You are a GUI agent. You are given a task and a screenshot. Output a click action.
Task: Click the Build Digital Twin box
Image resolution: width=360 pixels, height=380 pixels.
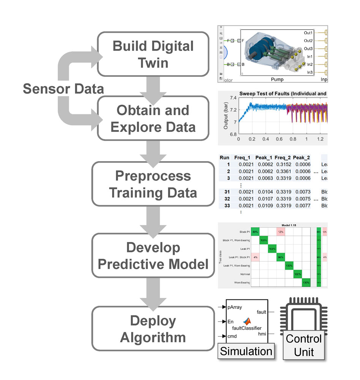[x=153, y=54]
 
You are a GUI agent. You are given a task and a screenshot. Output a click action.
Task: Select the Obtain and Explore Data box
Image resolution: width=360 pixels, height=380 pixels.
[x=153, y=118]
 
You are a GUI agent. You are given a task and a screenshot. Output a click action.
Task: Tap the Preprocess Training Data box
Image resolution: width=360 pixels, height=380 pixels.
[x=153, y=184]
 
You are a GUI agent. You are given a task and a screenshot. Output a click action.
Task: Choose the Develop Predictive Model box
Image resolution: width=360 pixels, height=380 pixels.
[x=153, y=255]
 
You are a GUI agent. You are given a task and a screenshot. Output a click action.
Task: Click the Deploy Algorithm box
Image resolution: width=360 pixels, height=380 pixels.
[x=153, y=329]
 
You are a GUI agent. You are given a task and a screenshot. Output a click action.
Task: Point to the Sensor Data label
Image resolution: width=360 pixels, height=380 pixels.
[x=63, y=89]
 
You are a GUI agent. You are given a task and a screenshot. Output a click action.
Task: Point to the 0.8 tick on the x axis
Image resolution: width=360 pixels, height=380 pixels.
[x=292, y=139]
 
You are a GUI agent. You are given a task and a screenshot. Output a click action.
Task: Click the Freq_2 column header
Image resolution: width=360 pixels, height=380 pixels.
[x=282, y=157]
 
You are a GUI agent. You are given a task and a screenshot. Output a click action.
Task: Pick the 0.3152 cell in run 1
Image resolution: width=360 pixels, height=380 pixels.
[x=282, y=165]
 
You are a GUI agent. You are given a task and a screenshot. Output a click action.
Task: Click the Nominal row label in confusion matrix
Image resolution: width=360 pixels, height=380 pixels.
[x=244, y=274]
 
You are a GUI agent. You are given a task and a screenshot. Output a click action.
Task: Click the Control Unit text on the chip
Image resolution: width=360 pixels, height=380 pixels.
[x=303, y=345]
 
